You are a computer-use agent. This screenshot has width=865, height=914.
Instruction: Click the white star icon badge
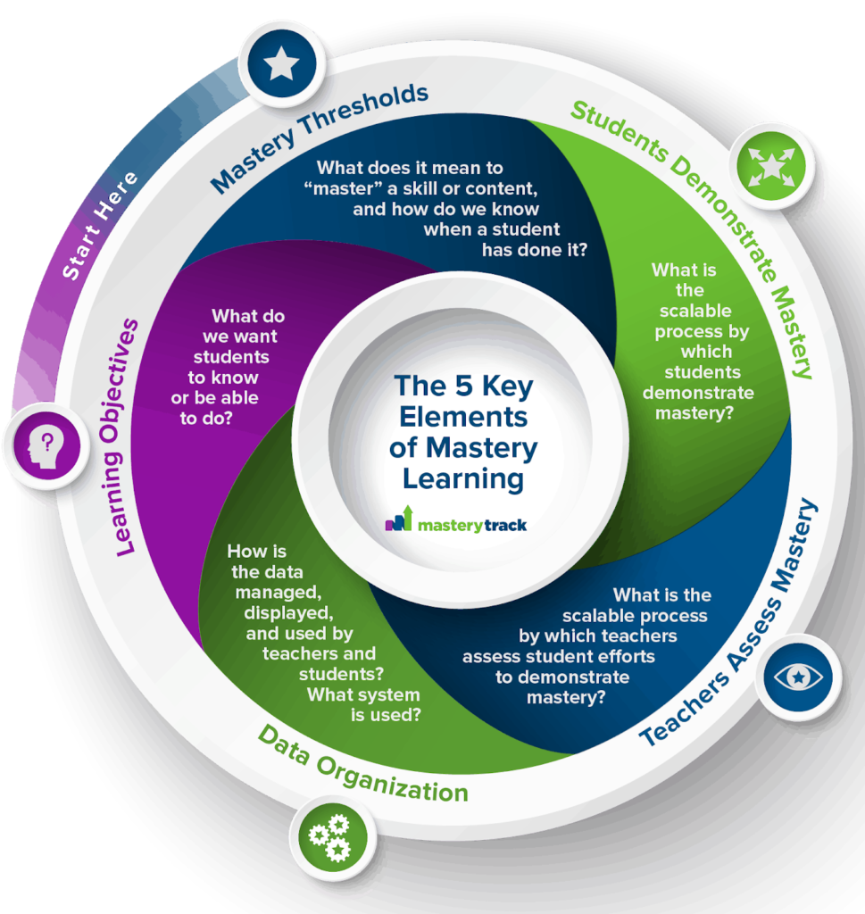282,63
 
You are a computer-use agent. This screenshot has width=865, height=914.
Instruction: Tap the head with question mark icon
46,445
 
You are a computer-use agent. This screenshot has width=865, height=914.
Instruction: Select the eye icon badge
798,677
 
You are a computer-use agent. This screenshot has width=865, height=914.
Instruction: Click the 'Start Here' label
99,225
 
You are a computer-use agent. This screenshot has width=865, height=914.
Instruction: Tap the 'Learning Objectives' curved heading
119,437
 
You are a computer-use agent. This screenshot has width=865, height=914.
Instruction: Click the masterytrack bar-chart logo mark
399,519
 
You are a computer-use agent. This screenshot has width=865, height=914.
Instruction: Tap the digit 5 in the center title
464,386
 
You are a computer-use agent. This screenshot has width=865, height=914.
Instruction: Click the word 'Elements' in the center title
463,417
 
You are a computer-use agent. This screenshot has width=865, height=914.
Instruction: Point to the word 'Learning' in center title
463,479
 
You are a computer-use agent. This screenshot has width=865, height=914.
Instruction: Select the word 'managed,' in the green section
279,593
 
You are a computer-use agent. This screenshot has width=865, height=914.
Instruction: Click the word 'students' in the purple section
231,357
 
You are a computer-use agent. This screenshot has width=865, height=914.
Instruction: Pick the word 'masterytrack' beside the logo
472,525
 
